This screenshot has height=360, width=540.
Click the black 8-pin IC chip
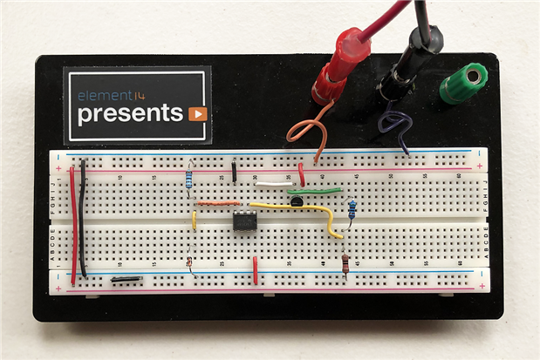click(x=244, y=221)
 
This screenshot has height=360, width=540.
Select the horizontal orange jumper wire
click(x=217, y=203)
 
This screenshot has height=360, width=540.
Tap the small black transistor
click(x=297, y=202)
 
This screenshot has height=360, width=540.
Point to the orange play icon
click(x=197, y=113)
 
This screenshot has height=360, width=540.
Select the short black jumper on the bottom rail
click(x=127, y=280)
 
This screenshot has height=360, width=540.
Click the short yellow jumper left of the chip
click(x=194, y=220)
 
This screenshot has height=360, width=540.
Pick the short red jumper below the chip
click(x=255, y=270)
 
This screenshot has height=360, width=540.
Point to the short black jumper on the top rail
click(x=235, y=170)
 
